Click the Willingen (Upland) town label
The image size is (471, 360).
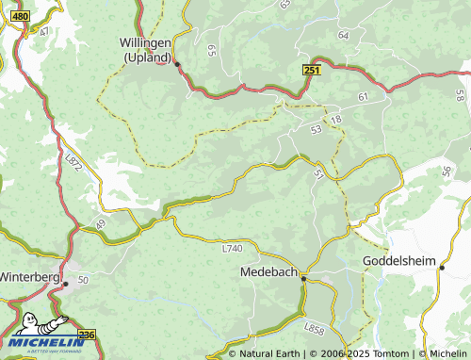click(x=147, y=49)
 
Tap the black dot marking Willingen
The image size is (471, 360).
click(x=176, y=64)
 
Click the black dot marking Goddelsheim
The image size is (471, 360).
click(x=441, y=268)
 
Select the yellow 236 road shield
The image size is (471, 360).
click(x=87, y=335)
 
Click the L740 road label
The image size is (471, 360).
click(x=233, y=249)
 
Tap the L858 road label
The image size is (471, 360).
click(x=316, y=328)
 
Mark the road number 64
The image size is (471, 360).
click(x=343, y=35)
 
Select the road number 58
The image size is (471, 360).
click(x=459, y=95)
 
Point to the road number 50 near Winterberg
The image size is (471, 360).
click(x=83, y=280)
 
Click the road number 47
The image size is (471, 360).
click(x=43, y=31)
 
